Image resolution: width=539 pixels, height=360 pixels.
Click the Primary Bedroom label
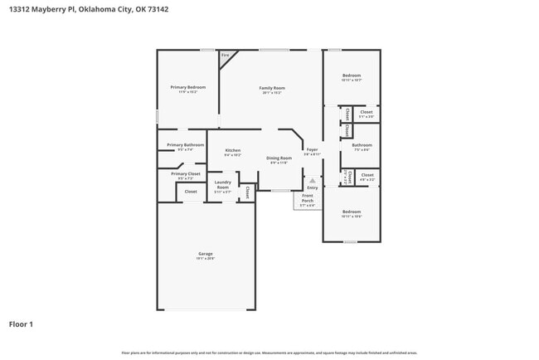pyautogui.click(x=187, y=87)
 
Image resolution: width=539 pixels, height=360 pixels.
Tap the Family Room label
pyautogui.click(x=272, y=88)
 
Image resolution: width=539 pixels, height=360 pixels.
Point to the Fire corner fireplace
pyautogui.click(x=225, y=56)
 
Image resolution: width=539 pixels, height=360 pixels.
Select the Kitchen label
pyautogui.click(x=232, y=150)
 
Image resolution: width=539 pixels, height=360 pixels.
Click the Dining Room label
pyautogui.click(x=279, y=158)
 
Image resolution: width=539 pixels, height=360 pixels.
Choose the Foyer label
pyautogui.click(x=312, y=150)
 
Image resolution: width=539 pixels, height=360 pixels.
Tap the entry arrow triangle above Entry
pyautogui.click(x=312, y=180)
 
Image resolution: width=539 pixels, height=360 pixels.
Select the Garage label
pyautogui.click(x=205, y=253)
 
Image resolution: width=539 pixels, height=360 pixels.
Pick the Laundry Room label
pyautogui.click(x=222, y=184)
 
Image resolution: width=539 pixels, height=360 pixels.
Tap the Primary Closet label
pyautogui.click(x=185, y=173)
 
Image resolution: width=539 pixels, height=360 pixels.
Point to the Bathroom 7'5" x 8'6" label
pyautogui.click(x=362, y=145)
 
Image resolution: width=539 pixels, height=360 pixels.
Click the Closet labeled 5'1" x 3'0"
pyautogui.click(x=366, y=112)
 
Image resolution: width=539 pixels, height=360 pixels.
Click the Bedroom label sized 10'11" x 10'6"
pyautogui.click(x=352, y=212)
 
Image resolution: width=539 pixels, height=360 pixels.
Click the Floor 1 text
pyautogui.click(x=21, y=324)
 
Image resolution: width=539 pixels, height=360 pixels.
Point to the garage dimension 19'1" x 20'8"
pyautogui.click(x=205, y=259)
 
